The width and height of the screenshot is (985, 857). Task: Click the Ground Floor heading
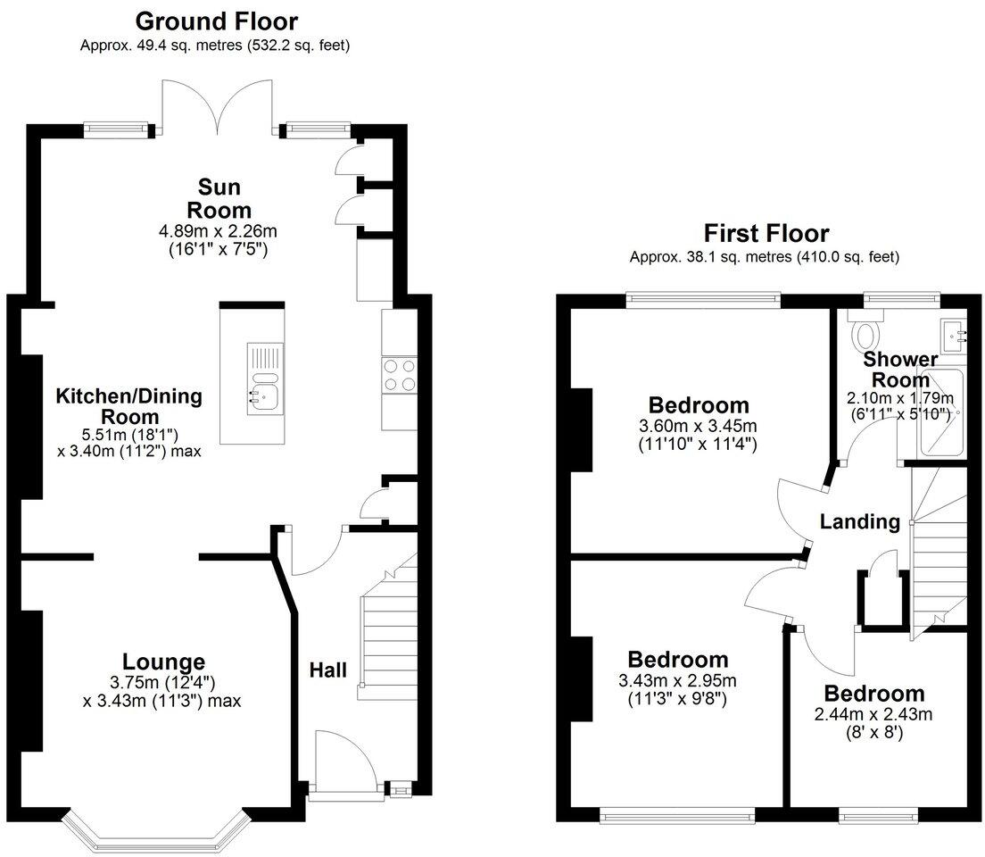pyautogui.click(x=215, y=21)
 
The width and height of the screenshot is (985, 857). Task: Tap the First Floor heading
pyautogui.click(x=766, y=234)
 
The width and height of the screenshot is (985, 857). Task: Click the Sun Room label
pyautogui.click(x=213, y=198)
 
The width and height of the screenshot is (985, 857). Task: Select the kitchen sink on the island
pyautogui.click(x=264, y=395)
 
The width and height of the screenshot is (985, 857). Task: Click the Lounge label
pyautogui.click(x=163, y=661)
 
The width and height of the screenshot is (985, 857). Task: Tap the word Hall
pyautogui.click(x=328, y=670)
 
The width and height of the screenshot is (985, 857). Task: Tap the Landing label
pyautogui.click(x=860, y=521)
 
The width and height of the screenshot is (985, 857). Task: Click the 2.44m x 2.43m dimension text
pyautogui.click(x=873, y=714)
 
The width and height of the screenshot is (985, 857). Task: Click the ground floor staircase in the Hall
pyautogui.click(x=388, y=625)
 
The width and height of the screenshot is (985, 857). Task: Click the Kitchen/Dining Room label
pyautogui.click(x=128, y=406)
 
